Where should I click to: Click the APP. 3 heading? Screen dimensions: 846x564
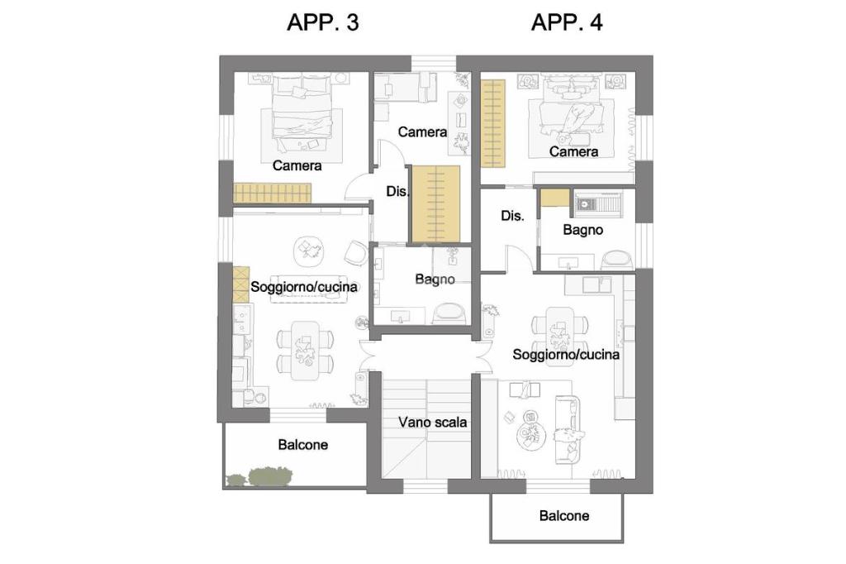tap(323, 22)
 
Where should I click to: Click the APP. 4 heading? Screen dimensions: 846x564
tap(567, 22)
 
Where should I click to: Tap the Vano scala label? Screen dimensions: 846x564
tap(432, 422)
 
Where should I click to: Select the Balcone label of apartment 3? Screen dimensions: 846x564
tap(302, 445)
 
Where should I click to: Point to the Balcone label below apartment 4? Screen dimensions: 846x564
tap(563, 515)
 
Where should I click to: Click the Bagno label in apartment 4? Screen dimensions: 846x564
tap(582, 230)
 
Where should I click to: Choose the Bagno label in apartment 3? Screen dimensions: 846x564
tap(435, 280)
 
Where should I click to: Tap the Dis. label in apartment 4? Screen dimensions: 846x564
tap(512, 216)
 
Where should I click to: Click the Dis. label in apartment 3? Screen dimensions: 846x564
tap(397, 191)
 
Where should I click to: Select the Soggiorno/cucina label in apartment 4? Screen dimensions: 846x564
tap(565, 355)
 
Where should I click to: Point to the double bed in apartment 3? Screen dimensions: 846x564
tap(301, 112)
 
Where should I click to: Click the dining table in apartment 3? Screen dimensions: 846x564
tap(305, 351)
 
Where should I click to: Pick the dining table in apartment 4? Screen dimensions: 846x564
tap(559, 336)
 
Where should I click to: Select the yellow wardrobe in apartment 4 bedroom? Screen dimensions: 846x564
tap(493, 123)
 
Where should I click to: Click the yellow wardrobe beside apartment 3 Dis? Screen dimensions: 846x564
tap(435, 203)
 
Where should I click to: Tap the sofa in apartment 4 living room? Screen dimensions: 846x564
tap(567, 429)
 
